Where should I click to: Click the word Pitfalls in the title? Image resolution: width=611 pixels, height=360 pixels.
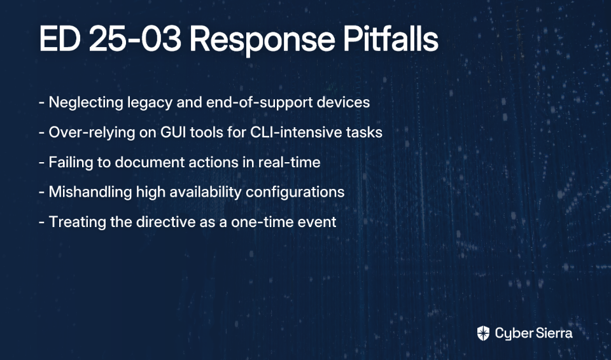pos(391,39)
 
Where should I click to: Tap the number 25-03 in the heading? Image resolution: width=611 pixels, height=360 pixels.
pos(135,39)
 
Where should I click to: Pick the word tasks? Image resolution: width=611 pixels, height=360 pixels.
pos(358,132)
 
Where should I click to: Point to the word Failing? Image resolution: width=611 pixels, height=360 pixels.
pos(71,162)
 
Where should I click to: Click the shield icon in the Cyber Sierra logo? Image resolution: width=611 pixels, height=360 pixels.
pos(483,333)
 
